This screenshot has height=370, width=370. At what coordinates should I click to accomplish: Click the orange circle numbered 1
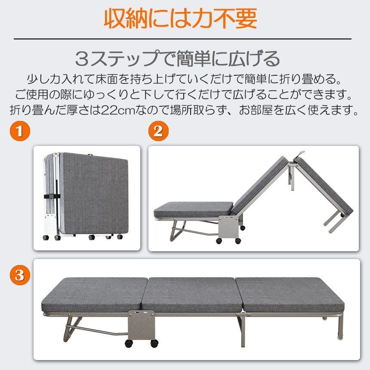(x=19, y=131)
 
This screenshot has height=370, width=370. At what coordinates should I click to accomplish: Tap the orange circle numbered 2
(x=158, y=131)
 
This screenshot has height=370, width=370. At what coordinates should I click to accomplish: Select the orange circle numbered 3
(x=19, y=275)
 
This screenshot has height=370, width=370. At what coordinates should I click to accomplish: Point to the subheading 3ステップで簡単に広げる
(x=177, y=59)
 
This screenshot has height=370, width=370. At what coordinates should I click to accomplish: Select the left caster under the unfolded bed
(x=128, y=343)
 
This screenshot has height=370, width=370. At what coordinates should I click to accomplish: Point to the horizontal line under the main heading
(x=182, y=39)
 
